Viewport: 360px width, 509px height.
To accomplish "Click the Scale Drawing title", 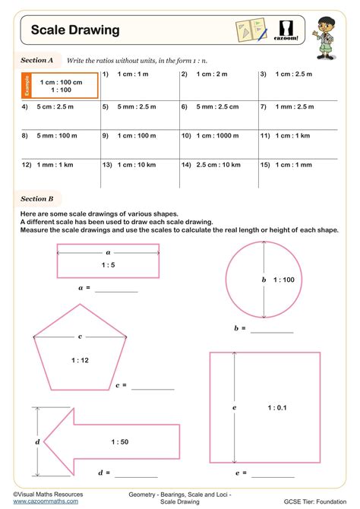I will coord(75,30).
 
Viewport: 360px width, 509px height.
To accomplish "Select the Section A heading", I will coord(36,59).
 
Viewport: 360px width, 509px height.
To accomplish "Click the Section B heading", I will coord(36,199).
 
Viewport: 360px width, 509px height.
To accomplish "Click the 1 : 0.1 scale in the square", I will coord(277,408).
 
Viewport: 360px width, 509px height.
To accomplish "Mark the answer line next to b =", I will coord(271,331).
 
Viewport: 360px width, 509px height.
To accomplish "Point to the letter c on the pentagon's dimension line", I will coord(79,336).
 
